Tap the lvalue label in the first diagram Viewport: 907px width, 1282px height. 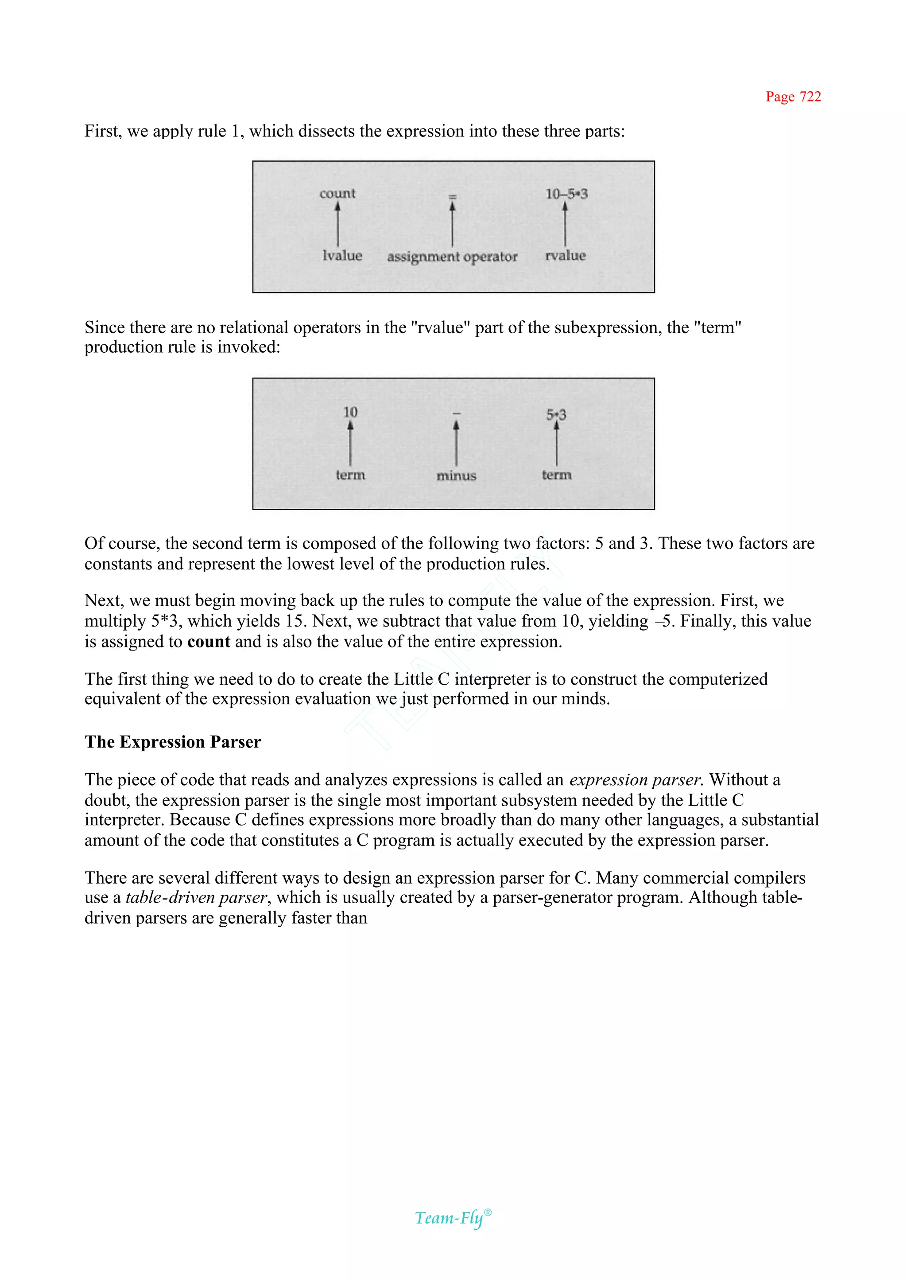tap(342, 255)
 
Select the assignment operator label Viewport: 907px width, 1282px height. tap(452, 257)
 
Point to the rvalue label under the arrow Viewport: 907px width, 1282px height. tap(565, 255)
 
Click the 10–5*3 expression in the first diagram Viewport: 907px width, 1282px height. tap(566, 194)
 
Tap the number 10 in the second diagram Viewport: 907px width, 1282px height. tap(350, 413)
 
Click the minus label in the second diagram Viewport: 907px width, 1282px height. tap(456, 475)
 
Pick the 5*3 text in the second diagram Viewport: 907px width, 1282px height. tap(556, 415)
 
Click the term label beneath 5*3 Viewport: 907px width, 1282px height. tap(556, 475)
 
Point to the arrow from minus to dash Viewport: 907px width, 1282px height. tap(456, 443)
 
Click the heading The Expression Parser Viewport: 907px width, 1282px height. tap(173, 742)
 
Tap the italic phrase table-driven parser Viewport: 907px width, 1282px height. tap(197, 897)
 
